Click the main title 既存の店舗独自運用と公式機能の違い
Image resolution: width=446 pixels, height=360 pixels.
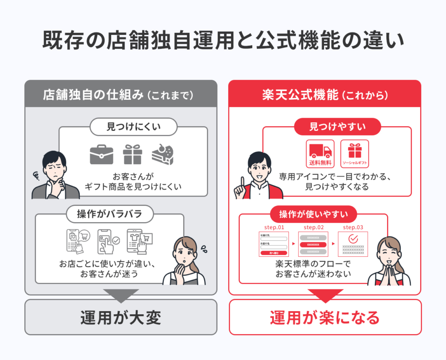pos(223,41)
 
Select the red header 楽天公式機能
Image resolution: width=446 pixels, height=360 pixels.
pos(325,94)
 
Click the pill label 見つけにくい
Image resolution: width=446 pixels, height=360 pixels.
pos(133,127)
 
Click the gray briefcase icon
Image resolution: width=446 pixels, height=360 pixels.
pos(101,155)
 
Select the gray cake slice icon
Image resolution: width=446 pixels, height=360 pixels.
pos(162,155)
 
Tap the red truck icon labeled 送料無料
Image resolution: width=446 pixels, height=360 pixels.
pos(320,151)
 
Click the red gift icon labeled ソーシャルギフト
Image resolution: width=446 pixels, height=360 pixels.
pos(354,151)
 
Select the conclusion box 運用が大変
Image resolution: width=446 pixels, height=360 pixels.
pos(121,317)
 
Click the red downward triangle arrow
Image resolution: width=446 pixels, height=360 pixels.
pos(325,295)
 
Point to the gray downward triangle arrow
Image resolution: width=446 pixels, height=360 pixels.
pos(121,295)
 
